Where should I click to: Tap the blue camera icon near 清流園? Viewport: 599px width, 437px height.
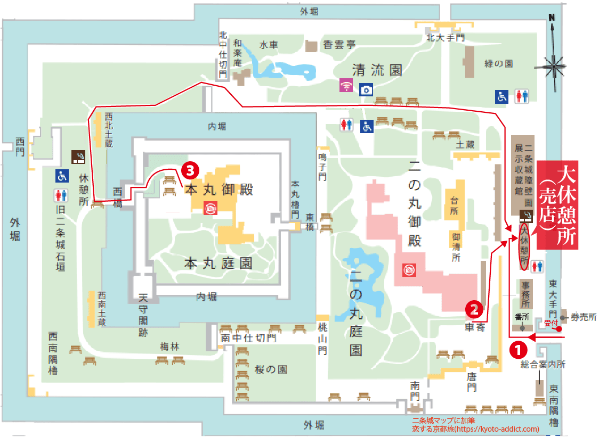tap(366, 89)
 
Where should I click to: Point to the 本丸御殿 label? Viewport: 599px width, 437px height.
tap(218, 189)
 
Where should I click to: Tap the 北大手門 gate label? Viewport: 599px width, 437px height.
tap(446, 38)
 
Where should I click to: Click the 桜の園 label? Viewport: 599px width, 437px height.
tap(272, 369)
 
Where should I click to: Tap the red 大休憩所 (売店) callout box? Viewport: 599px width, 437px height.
tap(557, 205)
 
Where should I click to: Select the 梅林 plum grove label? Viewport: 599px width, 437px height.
tap(170, 347)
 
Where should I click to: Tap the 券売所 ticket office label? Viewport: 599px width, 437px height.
tap(584, 318)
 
